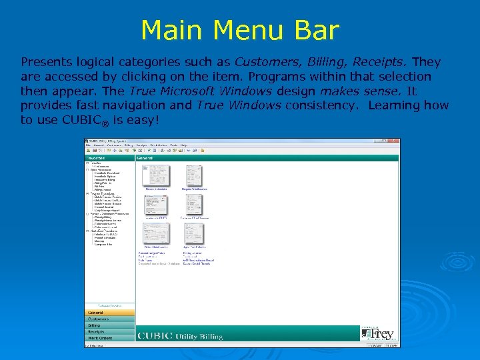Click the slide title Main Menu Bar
click(240, 30)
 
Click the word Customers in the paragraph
click(273, 62)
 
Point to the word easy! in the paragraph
click(145, 120)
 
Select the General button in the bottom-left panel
click(109, 312)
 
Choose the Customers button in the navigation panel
click(109, 319)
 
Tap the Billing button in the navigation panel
click(109, 325)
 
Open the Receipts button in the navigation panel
click(109, 331)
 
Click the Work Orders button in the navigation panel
click(109, 338)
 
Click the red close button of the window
click(397, 141)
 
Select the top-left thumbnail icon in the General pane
click(157, 176)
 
